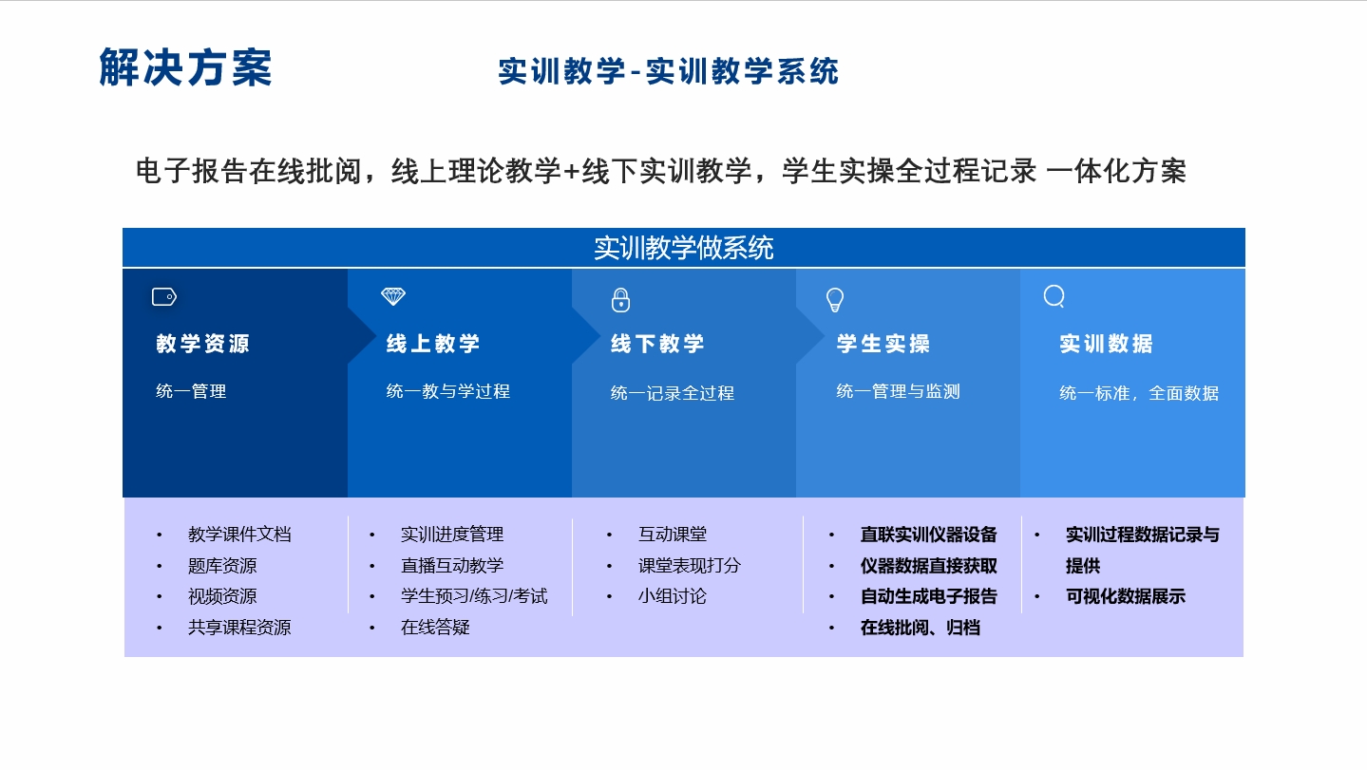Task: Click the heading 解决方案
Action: pos(185,67)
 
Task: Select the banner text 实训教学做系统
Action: pos(684,249)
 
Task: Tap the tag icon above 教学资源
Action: pos(164,297)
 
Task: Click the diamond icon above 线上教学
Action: pos(393,296)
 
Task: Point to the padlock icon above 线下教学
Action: pos(620,300)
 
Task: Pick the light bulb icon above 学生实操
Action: pos(835,300)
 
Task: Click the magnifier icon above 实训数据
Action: pos(1054,296)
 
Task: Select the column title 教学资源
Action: pos(202,344)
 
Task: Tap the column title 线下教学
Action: pos(657,344)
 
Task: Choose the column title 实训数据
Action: pos(1106,344)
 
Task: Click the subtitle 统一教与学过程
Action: pos(448,391)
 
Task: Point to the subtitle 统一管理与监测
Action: pos(898,391)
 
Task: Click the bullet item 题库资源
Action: pos(222,566)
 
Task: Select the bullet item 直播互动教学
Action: pos(452,566)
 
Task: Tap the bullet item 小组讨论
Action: pos(672,596)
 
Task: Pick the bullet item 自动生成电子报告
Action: pos(928,596)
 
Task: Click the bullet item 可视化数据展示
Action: pos(1126,596)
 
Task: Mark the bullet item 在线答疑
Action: pos(435,628)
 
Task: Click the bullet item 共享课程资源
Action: pos(239,628)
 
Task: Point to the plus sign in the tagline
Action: pos(571,172)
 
